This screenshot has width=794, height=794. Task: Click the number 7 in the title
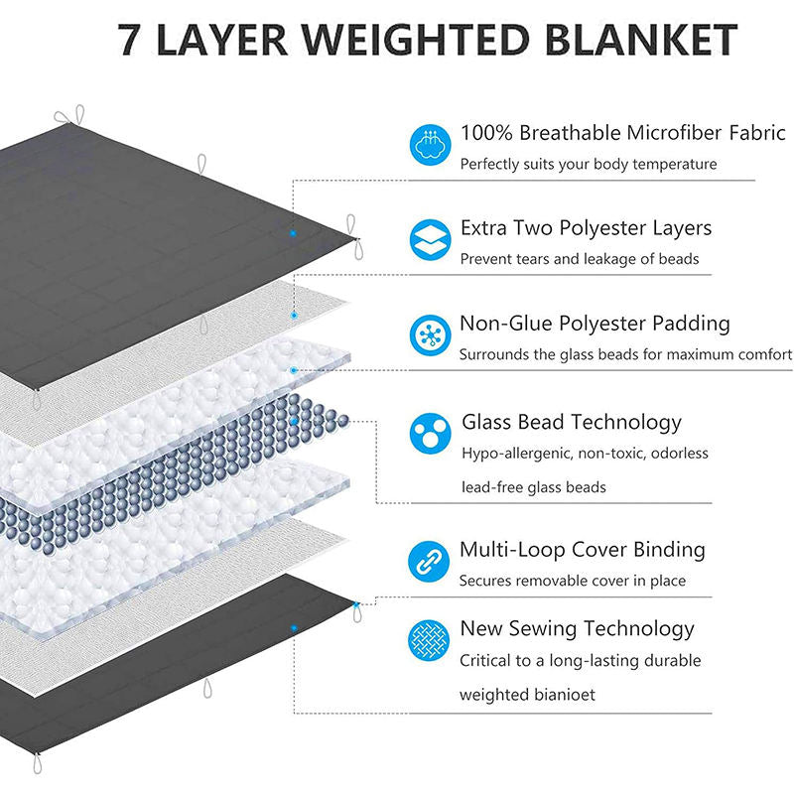point(130,39)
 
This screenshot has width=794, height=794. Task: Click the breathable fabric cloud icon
point(430,146)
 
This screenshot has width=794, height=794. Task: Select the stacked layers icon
point(430,241)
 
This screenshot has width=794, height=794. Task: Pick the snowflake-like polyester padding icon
point(430,335)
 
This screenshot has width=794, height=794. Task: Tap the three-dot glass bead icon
point(430,434)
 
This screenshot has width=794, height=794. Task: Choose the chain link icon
point(430,562)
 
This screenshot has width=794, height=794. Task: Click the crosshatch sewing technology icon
point(430,641)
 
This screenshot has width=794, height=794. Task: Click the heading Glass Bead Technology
point(572,422)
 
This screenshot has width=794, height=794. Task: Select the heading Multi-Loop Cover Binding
point(583,550)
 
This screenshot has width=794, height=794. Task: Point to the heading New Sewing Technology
point(577,628)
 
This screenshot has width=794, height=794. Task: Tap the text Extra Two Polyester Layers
point(586,228)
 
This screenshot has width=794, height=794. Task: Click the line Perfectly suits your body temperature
point(588,164)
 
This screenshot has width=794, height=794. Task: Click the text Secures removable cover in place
point(572,581)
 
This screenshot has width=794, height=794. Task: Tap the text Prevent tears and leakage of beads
point(580,259)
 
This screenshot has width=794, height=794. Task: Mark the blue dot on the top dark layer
point(293,233)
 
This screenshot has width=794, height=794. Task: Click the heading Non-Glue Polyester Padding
point(595,324)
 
